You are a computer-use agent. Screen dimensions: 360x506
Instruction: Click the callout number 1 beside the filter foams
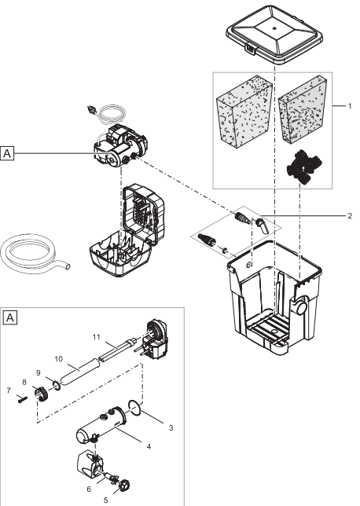[349, 106]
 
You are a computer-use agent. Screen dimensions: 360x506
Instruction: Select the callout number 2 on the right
[350, 215]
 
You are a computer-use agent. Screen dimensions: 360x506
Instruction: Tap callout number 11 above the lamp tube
[96, 337]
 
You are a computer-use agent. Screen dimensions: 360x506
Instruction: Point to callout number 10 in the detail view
[58, 359]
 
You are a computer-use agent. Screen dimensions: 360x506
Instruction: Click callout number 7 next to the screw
[9, 390]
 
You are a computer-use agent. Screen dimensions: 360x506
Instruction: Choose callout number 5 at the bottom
[105, 500]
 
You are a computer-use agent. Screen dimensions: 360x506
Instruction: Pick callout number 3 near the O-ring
[171, 428]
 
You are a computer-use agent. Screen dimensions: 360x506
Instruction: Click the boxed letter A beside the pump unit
[7, 153]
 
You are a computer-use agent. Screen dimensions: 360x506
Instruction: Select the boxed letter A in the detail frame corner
[10, 318]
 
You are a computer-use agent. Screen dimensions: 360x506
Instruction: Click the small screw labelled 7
[22, 400]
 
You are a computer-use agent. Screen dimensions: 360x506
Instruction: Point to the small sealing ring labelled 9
[57, 385]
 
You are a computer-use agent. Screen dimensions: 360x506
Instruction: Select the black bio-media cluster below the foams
[304, 167]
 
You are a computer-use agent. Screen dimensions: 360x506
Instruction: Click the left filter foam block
[244, 115]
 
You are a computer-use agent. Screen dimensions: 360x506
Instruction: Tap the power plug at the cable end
[91, 110]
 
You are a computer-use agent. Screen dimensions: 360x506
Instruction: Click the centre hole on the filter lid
[274, 28]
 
